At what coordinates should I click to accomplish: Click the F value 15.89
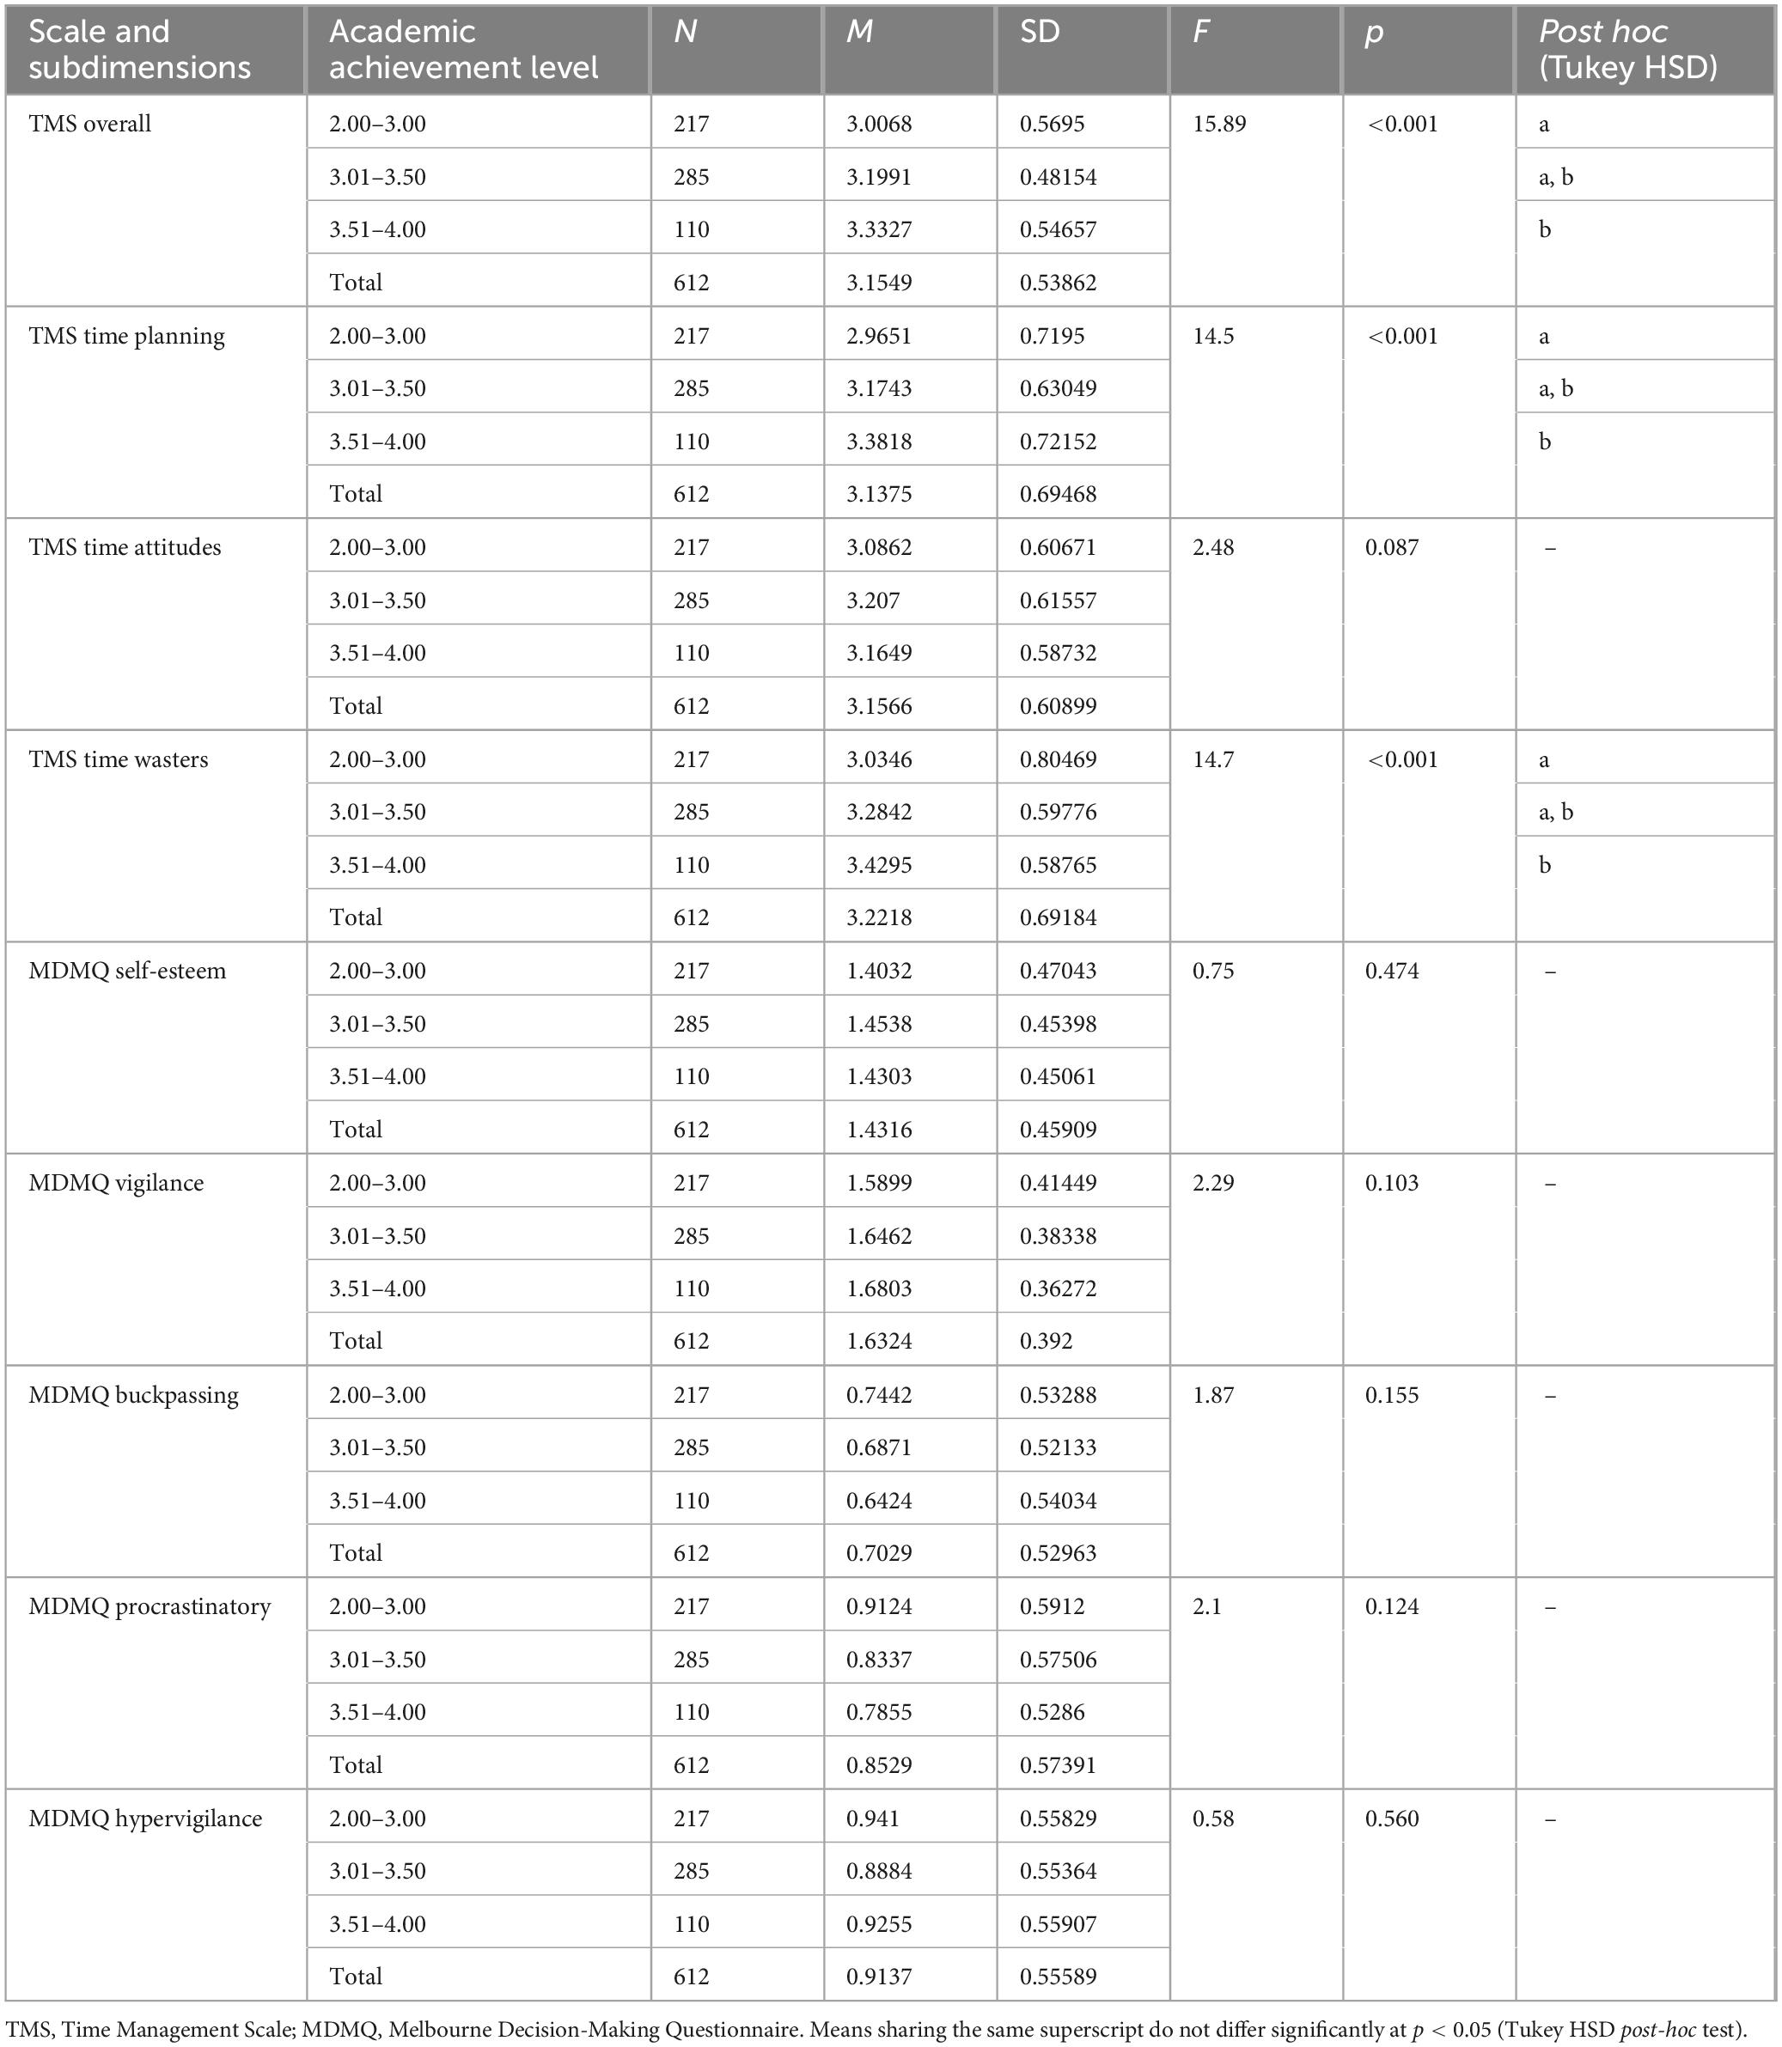(x=1218, y=125)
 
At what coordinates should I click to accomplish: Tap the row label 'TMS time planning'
(x=126, y=336)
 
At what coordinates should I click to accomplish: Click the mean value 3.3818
(x=879, y=442)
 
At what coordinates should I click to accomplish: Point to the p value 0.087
(x=1391, y=548)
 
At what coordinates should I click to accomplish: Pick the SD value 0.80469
(x=1058, y=759)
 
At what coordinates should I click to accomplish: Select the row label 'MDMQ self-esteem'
(x=127, y=972)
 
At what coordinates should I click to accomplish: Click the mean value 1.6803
(x=879, y=1289)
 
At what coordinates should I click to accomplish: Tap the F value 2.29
(x=1213, y=1183)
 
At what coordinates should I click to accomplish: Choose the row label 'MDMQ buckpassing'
(x=133, y=1395)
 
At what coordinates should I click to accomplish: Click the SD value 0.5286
(x=1052, y=1712)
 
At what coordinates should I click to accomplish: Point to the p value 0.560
(x=1391, y=1819)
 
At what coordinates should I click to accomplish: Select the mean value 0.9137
(x=879, y=1977)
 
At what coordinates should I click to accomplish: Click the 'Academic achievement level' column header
(x=463, y=49)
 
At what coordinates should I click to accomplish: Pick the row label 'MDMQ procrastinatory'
(x=150, y=1606)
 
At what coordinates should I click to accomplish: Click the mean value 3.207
(x=873, y=600)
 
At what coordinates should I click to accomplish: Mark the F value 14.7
(x=1213, y=759)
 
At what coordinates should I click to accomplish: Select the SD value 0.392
(x=1047, y=1341)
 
